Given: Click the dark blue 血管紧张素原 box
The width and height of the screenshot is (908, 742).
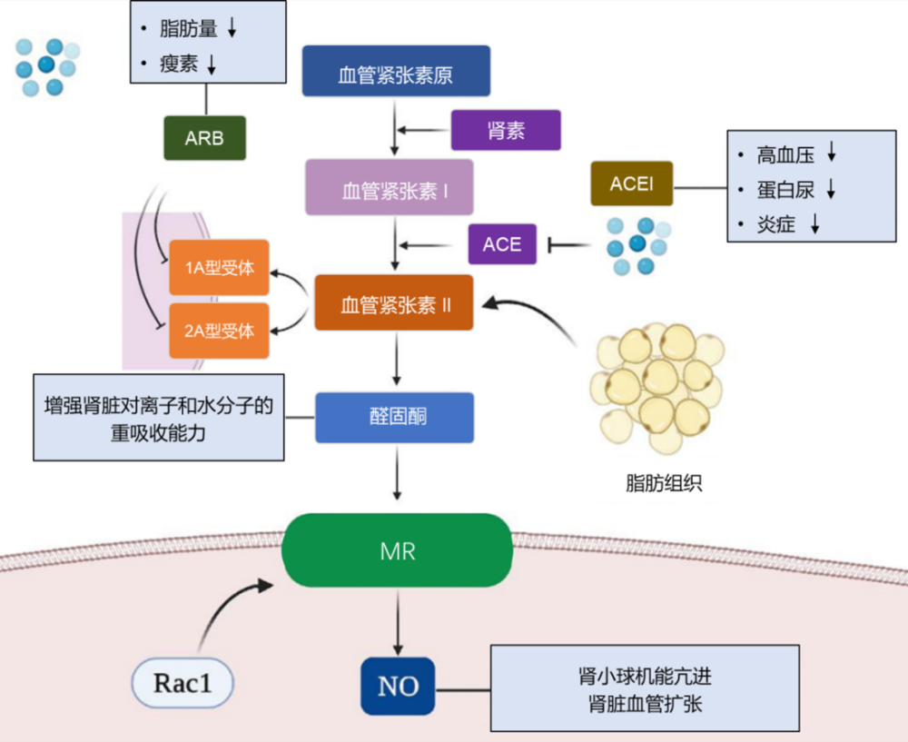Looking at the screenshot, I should coord(396,72).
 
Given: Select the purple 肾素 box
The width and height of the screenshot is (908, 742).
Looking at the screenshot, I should coord(506,130).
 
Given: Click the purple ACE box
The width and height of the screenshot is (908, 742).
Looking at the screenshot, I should coord(502,244).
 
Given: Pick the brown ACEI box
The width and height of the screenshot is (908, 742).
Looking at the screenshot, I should coord(631,183).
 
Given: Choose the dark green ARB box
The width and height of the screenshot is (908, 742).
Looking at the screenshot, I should coord(204,138).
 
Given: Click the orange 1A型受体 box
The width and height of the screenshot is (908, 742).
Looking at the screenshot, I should coord(220,268).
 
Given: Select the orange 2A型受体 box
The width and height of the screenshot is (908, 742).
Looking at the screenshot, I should coord(220,331).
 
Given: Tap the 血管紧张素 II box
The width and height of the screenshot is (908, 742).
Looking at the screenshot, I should coord(395,302).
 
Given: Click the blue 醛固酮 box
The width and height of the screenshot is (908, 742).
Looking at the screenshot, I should coord(395,418).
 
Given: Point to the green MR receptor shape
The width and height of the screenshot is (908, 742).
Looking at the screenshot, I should coord(397,550).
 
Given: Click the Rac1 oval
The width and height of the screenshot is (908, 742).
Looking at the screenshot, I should coord(183,682).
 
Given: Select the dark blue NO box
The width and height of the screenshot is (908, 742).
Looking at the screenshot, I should coord(398,686).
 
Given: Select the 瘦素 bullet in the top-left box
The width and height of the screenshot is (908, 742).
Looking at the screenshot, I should coord(179,64).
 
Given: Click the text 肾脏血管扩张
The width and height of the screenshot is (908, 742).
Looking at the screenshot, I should coord(645,704).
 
